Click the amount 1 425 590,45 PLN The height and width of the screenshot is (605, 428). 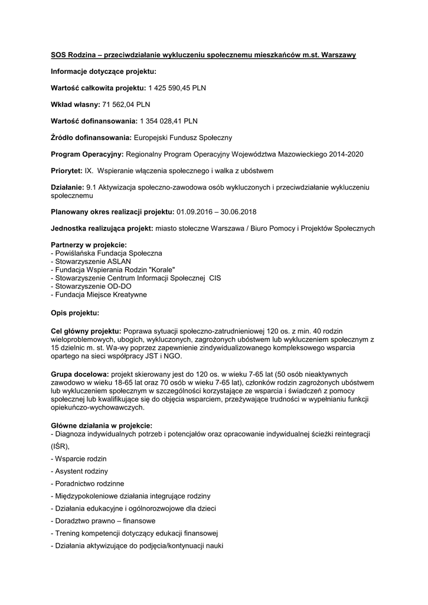click(172, 88)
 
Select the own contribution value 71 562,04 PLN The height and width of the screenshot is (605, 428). click(126, 105)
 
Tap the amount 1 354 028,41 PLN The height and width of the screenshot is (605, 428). click(168, 121)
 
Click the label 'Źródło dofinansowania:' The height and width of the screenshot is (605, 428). click(92, 138)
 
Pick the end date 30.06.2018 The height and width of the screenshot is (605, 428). click(238, 212)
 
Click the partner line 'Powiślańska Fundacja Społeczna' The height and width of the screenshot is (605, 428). click(107, 253)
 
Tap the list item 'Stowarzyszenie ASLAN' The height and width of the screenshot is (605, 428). click(91, 261)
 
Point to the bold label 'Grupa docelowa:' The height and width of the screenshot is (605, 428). click(80, 375)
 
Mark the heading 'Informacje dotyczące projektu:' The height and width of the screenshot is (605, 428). click(103, 71)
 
